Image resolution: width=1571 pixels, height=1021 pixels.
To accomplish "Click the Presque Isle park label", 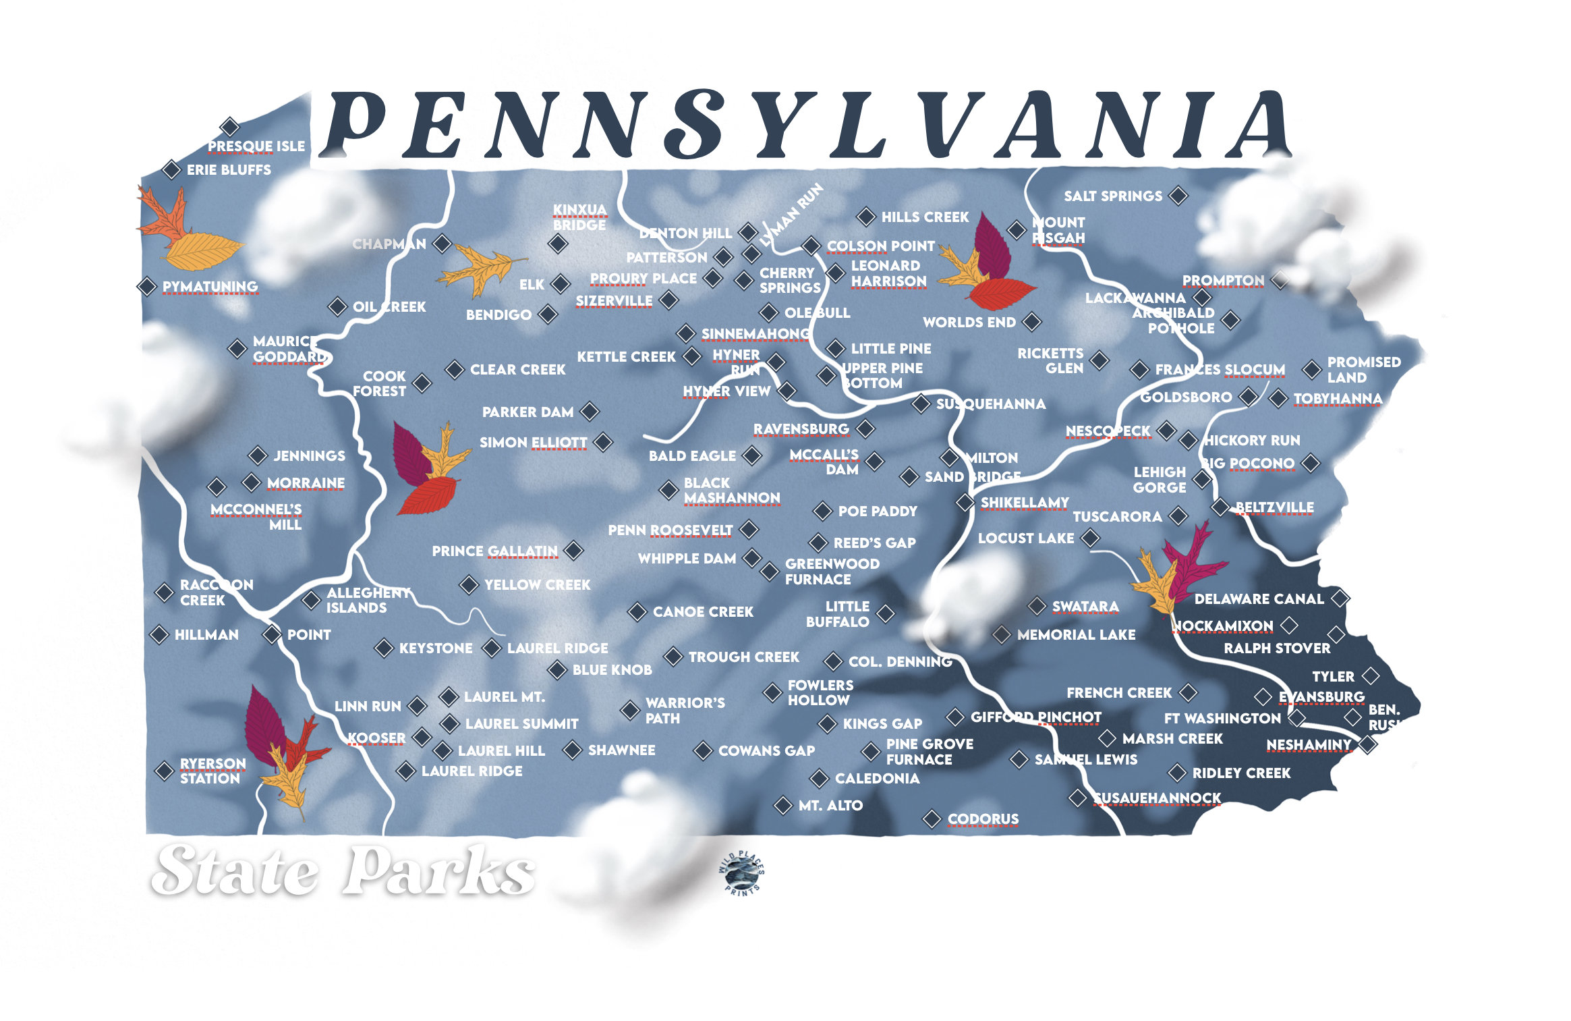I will (x=256, y=146).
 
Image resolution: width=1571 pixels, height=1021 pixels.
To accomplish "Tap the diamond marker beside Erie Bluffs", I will (x=171, y=169).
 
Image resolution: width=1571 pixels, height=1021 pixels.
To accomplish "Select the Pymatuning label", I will (x=210, y=286).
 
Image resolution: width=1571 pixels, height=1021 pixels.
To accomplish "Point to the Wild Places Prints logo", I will (x=741, y=873).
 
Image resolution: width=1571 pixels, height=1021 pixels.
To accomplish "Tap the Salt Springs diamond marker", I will (x=1178, y=196).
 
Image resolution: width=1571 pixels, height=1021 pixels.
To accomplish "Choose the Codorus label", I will (x=983, y=819).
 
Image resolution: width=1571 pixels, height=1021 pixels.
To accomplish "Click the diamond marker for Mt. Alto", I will (x=783, y=804).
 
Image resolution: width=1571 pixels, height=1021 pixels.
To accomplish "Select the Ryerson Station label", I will (x=212, y=771).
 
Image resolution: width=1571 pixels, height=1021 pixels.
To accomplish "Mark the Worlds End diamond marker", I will (x=1031, y=322).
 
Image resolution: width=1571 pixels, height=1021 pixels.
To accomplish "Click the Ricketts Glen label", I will (x=1050, y=360).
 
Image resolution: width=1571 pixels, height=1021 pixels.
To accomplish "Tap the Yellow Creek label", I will (x=537, y=584).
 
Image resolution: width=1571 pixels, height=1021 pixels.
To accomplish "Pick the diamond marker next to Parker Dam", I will (x=590, y=411).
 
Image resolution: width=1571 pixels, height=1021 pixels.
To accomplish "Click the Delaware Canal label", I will (x=1259, y=599).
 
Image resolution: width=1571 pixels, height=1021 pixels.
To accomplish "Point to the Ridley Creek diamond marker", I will (x=1177, y=772).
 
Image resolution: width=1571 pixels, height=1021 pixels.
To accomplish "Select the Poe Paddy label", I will (x=878, y=511).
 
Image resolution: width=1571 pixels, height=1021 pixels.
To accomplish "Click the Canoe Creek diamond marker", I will (x=637, y=611).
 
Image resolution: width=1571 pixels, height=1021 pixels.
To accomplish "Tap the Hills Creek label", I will (x=925, y=217).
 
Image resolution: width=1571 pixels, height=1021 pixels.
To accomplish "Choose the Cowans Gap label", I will (x=766, y=750).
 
